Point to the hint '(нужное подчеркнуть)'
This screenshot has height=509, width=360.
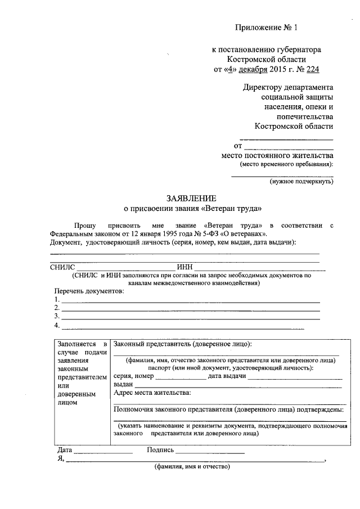pyautogui.click(x=301, y=182)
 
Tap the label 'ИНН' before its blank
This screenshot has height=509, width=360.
pyautogui.click(x=184, y=267)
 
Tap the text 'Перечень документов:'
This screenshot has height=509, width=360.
pyautogui.click(x=89, y=291)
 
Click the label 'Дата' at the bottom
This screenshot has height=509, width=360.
pyautogui.click(x=65, y=450)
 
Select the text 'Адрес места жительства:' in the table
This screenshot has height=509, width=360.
pyautogui.click(x=152, y=392)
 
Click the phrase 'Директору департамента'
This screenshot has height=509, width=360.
pyautogui.click(x=288, y=88)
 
